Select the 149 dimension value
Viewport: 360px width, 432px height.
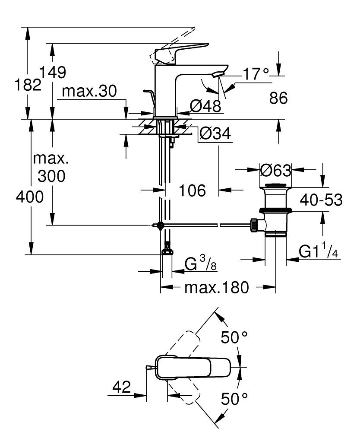click(x=53, y=72)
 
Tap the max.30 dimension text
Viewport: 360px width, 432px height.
click(x=89, y=92)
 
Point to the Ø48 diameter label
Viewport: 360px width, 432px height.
click(x=205, y=105)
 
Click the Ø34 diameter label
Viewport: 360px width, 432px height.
click(x=215, y=134)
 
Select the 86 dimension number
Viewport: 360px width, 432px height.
click(x=278, y=98)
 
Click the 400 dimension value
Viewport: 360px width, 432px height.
click(x=29, y=197)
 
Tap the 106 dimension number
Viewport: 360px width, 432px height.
click(x=192, y=190)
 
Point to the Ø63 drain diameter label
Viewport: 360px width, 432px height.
click(x=276, y=170)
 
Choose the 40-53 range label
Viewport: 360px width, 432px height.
click(x=322, y=200)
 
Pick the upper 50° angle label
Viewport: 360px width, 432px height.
click(x=234, y=337)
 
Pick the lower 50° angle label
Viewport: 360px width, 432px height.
click(x=234, y=398)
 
